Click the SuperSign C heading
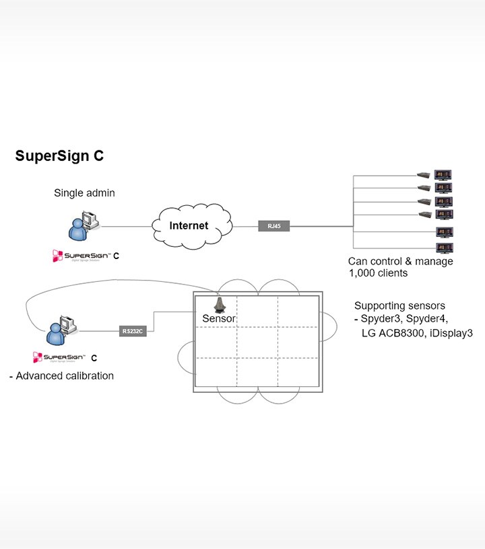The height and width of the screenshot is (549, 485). pos(59,156)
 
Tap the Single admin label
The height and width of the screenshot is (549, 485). pos(84,193)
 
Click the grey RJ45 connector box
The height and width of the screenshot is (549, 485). pos(273,227)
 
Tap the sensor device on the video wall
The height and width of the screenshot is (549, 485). pos(220,304)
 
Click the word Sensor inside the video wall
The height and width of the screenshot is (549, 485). pos(219,318)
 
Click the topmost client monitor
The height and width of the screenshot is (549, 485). pos(443,174)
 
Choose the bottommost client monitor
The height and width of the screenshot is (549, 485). pos(443,248)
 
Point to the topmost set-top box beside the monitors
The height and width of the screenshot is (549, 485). pos(424,175)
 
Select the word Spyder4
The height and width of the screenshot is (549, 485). pos(427,318)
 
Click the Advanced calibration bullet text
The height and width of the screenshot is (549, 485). pos(62,375)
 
